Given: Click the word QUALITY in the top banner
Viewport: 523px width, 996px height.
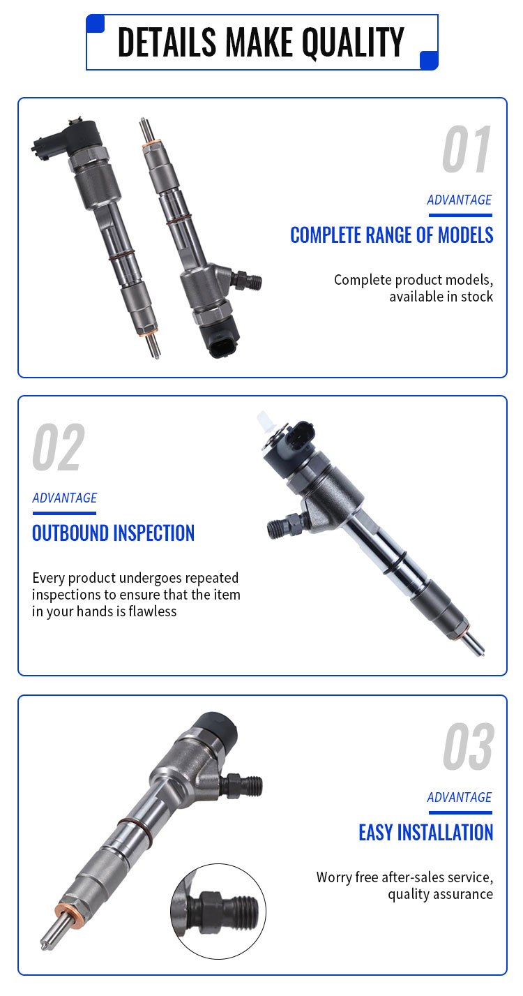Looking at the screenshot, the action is click(353, 42).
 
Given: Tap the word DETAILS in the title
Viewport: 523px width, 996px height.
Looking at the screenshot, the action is click(167, 42).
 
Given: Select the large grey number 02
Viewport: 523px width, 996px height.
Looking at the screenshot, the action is click(59, 447).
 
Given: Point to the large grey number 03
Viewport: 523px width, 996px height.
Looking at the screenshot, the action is click(469, 747).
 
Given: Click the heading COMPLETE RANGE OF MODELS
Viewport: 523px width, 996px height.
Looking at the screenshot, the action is click(391, 235).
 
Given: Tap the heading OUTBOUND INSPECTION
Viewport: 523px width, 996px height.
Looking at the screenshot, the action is click(113, 533).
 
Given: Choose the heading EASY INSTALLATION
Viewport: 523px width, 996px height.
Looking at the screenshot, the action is click(425, 833).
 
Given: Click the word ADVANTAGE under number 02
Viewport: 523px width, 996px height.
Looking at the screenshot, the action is click(64, 498).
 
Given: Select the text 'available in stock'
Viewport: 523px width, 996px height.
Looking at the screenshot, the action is click(441, 297).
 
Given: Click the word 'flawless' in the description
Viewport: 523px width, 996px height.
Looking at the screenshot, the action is click(153, 611).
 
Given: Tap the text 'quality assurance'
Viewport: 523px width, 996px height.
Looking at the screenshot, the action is click(440, 894).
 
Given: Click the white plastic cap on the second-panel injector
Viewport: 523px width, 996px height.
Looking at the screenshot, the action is click(265, 421).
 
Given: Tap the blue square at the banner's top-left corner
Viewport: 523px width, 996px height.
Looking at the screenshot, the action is click(95, 24).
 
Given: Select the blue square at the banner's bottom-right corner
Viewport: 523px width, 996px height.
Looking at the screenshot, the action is click(429, 61).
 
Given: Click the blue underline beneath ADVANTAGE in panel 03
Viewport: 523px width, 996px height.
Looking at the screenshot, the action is click(460, 812).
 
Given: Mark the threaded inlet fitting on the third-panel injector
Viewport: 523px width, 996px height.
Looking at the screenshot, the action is click(242, 786).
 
